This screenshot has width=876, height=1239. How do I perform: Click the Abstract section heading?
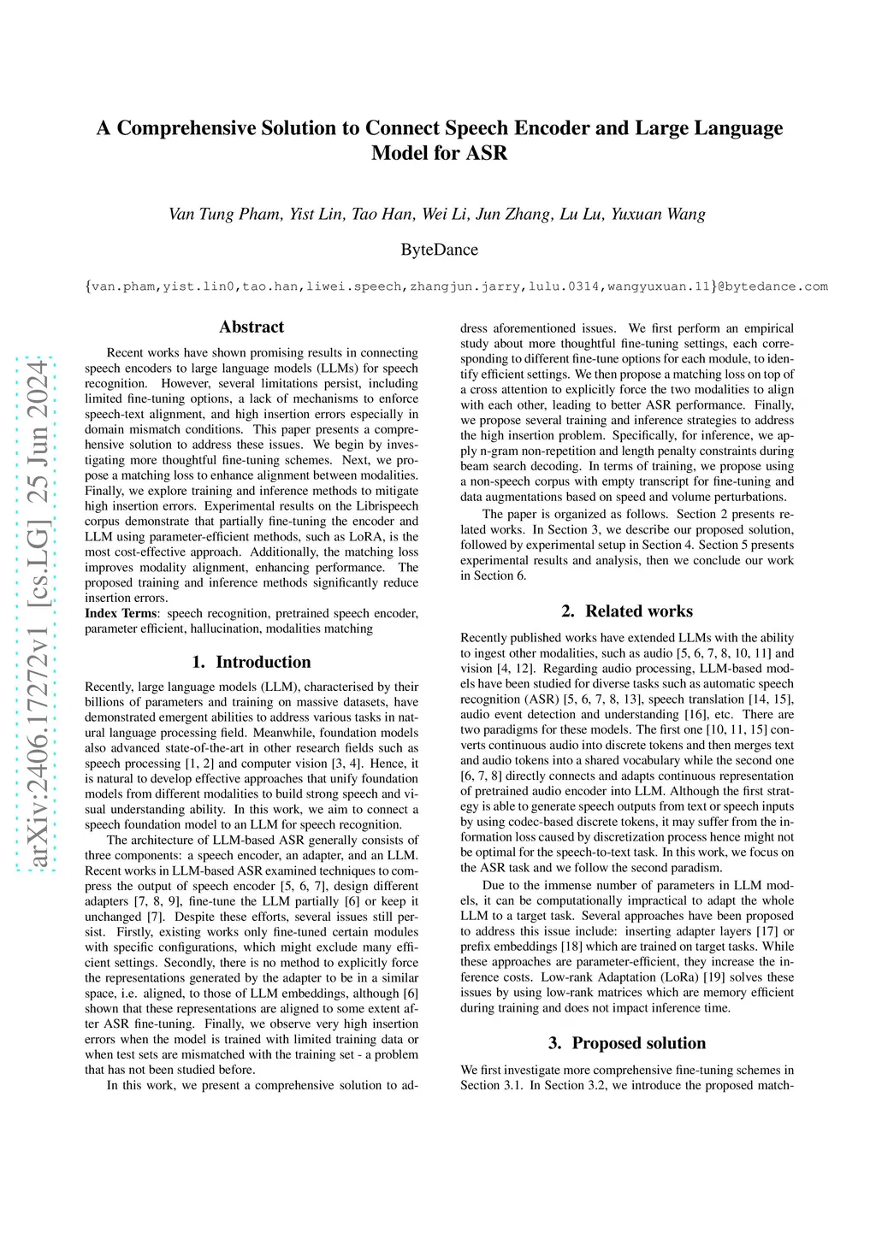click(x=251, y=327)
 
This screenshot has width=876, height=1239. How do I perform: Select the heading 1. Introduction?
click(x=252, y=662)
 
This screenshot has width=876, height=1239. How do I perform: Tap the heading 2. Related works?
click(x=627, y=611)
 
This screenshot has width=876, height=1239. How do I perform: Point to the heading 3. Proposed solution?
click(x=627, y=1043)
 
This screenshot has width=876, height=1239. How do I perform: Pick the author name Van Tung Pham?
click(x=224, y=214)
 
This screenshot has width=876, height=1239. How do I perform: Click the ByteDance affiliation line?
click(x=439, y=250)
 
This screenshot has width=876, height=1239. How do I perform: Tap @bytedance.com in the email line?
click(x=772, y=286)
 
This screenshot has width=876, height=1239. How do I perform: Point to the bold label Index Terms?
click(x=121, y=613)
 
